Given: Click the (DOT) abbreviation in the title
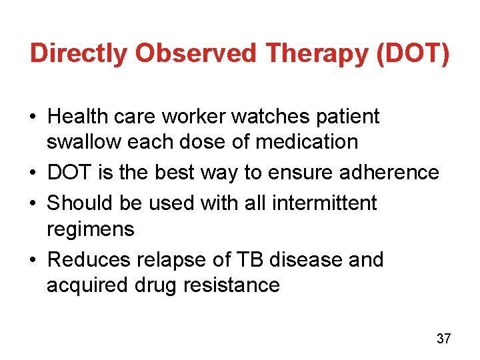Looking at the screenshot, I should (x=413, y=53).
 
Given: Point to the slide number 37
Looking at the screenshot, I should (x=443, y=339).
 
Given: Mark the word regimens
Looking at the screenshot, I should (x=90, y=230).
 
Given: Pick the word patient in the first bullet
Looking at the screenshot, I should (x=347, y=117).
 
